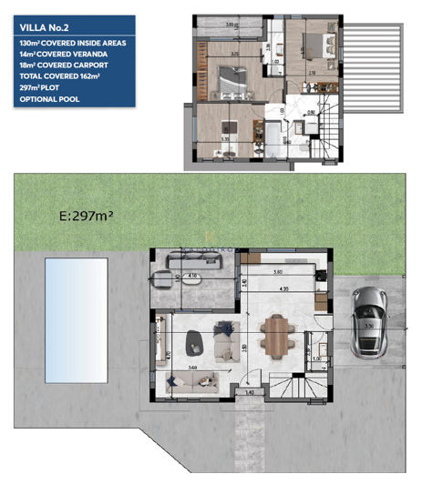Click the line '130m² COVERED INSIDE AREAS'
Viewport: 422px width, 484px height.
click(x=67, y=44)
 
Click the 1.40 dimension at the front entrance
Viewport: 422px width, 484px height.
click(x=251, y=392)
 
